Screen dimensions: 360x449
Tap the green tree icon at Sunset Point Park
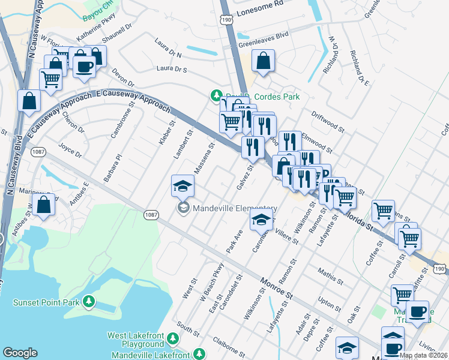pos(89,301)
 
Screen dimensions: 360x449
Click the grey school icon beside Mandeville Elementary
pos(183,208)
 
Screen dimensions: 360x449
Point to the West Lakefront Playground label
pos(135,340)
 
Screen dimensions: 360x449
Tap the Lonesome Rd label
pos(260,4)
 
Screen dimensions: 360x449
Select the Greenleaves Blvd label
pos(264,35)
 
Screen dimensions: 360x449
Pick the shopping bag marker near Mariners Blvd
pos(44,205)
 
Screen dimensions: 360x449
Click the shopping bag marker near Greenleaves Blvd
pos(264,61)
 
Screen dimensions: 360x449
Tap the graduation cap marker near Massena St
pos(183,186)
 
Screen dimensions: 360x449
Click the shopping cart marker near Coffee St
pos(383,211)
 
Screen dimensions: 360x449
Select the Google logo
pos(20,353)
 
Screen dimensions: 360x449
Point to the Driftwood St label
pos(328,122)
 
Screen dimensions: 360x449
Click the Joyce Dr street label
pos(70,150)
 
